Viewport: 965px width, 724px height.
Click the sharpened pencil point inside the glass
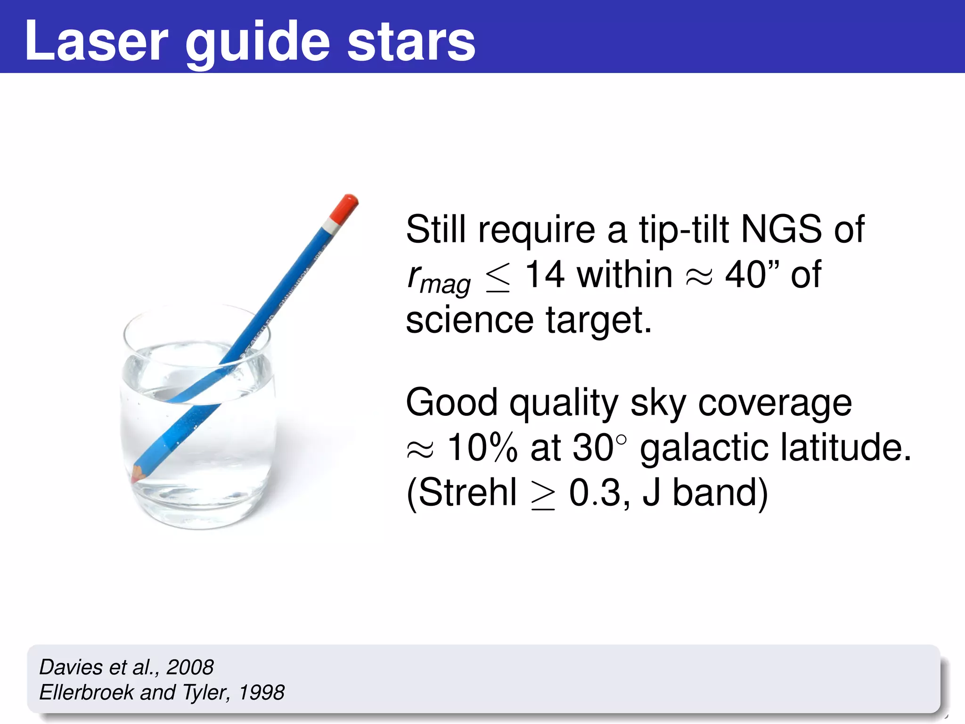click(137, 476)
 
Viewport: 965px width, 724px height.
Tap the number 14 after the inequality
click(544, 274)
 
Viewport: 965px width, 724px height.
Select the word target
click(598, 321)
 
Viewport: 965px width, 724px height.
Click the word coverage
click(775, 403)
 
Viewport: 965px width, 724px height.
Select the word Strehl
click(467, 493)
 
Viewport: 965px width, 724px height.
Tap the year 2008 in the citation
click(190, 667)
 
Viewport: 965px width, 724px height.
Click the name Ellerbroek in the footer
click(86, 692)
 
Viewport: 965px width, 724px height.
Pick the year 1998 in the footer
click(262, 692)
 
